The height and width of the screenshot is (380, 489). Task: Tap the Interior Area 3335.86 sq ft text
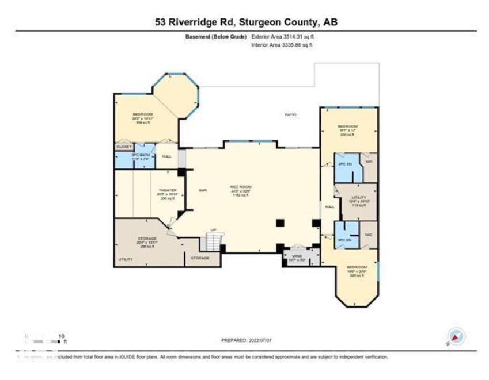pyautogui.click(x=282, y=44)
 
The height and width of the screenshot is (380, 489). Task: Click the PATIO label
pyautogui.click(x=291, y=115)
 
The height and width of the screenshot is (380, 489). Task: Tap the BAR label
pyautogui.click(x=203, y=190)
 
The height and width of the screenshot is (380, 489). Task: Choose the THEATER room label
pyautogui.click(x=168, y=192)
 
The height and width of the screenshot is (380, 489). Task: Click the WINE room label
pyautogui.click(x=297, y=256)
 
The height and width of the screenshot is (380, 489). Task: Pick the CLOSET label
pyautogui.click(x=124, y=147)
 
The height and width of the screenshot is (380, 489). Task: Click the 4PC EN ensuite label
pyautogui.click(x=344, y=164)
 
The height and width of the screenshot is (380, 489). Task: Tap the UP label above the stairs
pyautogui.click(x=213, y=230)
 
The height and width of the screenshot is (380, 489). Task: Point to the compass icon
pyautogui.click(x=456, y=337)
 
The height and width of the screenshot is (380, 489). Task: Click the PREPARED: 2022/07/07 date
pyautogui.click(x=246, y=340)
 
